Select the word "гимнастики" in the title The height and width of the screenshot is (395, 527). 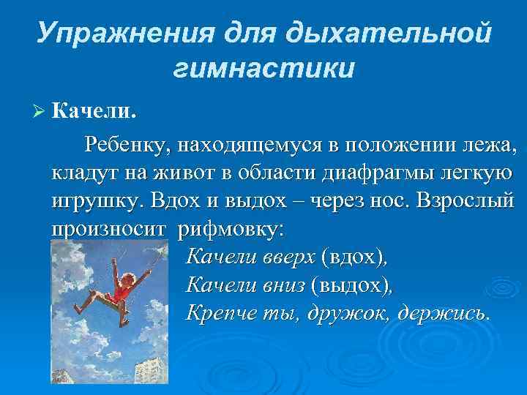tap(264, 68)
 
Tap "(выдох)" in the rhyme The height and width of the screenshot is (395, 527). tap(351, 284)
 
